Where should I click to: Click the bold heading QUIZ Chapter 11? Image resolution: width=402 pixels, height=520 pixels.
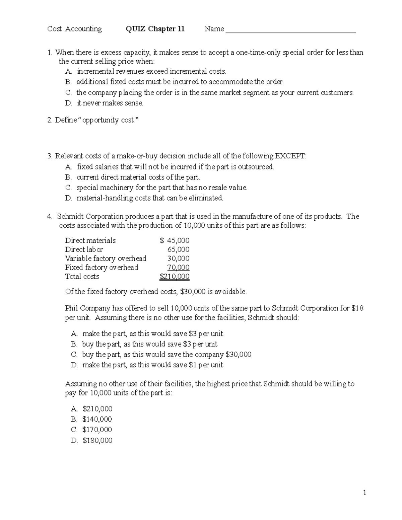155,29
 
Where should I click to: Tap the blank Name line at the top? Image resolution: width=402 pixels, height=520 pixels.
290,30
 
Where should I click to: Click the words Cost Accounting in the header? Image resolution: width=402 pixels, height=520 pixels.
75,29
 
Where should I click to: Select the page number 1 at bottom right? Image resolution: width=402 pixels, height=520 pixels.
365,493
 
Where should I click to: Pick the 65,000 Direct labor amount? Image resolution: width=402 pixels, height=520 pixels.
178,249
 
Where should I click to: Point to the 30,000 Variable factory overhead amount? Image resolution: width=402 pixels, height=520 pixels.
178,258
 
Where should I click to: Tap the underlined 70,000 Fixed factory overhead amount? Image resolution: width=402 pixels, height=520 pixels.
178,268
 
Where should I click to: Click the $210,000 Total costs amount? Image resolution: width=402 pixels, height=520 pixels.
175,277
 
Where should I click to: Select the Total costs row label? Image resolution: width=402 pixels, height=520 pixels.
82,277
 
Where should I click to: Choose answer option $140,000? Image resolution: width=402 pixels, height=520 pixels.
97,419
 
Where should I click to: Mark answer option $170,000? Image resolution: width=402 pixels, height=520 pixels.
97,430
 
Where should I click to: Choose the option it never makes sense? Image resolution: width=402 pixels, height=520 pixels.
110,103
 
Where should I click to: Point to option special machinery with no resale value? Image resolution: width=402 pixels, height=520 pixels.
162,188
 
